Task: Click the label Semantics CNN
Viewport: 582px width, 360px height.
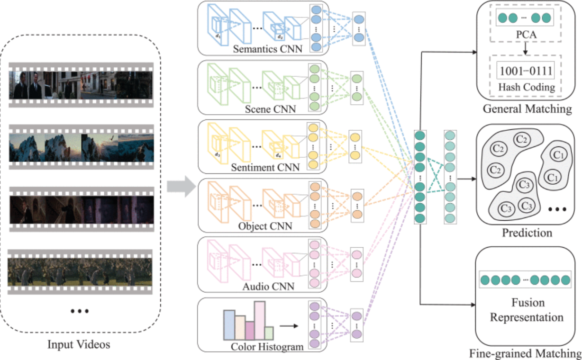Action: coord(267,49)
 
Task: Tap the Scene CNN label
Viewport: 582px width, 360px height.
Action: coord(270,109)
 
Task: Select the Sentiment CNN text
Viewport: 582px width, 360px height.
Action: coord(265,167)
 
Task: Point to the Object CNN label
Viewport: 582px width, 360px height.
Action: coord(265,226)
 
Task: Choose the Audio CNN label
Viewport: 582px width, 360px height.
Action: coord(268,287)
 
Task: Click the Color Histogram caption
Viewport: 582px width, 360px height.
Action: coord(267,347)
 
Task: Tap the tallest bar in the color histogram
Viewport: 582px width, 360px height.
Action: coord(260,321)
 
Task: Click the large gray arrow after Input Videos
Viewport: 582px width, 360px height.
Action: coord(182,187)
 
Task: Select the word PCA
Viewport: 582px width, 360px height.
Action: coord(526,35)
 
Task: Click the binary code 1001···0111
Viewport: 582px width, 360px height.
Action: coord(526,71)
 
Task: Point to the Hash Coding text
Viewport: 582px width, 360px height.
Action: coord(527,87)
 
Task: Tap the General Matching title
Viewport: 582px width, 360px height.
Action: coord(527,109)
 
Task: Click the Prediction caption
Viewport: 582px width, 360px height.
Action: coord(527,233)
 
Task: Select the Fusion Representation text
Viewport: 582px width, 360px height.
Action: coord(527,310)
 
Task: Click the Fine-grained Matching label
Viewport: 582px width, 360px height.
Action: coord(525,353)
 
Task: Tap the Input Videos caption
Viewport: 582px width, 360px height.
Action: coord(79,344)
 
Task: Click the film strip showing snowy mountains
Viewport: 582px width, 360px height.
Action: coord(82,147)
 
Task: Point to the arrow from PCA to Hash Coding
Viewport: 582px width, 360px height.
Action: coord(525,48)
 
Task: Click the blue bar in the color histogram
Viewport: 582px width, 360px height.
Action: coord(229,324)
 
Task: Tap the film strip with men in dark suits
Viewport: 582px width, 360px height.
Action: coord(81,85)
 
